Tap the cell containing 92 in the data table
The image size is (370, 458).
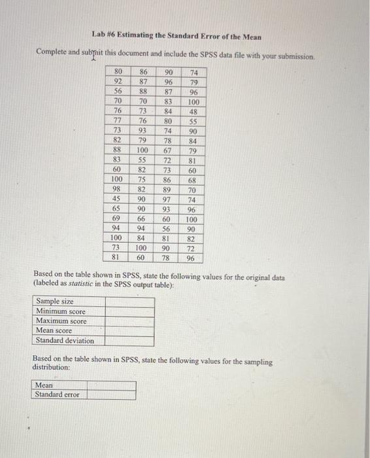tap(118, 83)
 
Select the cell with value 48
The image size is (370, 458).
tap(193, 112)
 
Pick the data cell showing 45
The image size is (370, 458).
tap(118, 199)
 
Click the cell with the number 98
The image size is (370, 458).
tap(118, 189)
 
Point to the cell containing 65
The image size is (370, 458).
tap(118, 209)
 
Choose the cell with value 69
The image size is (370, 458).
tap(118, 219)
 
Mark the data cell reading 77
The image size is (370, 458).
tap(118, 122)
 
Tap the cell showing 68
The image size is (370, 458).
tap(193, 179)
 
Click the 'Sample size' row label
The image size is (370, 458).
tap(54, 302)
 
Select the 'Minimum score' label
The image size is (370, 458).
tap(61, 311)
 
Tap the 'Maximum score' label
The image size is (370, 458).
tap(61, 321)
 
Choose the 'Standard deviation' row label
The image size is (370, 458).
tap(65, 341)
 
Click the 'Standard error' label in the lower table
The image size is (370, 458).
tap(57, 395)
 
